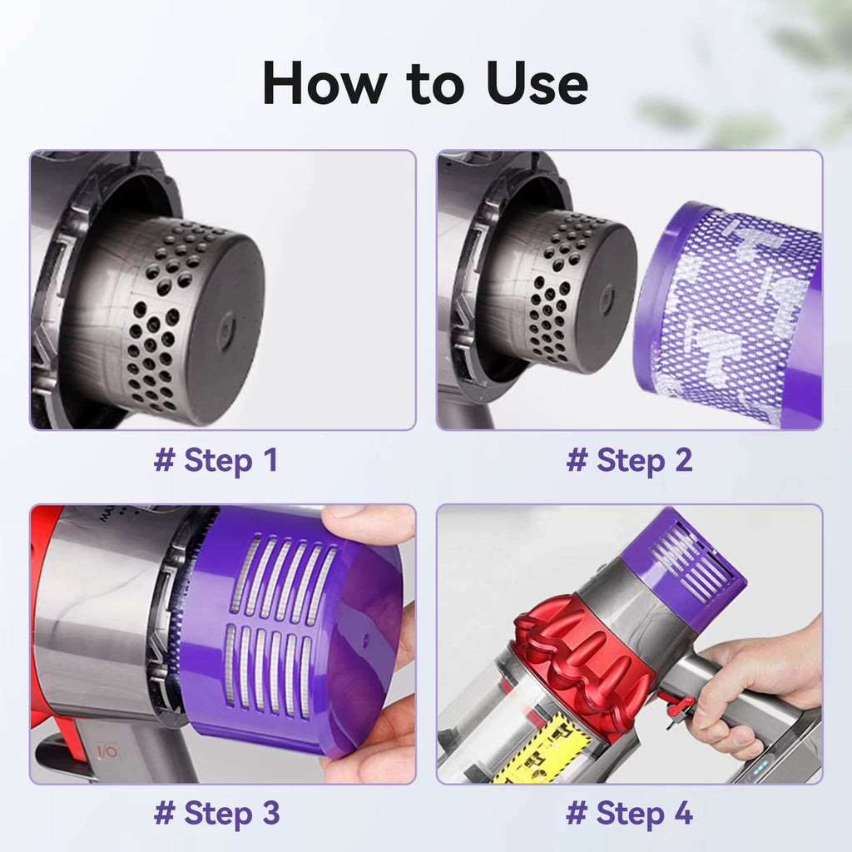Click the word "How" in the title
324,83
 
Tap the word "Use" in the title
537,83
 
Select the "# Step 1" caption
216,460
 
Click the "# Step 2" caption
629,460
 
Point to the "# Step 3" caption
217,814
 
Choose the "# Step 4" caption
629,814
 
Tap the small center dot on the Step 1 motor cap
225,327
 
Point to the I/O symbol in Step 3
107,752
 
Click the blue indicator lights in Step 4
760,767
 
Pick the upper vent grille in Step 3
284,578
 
